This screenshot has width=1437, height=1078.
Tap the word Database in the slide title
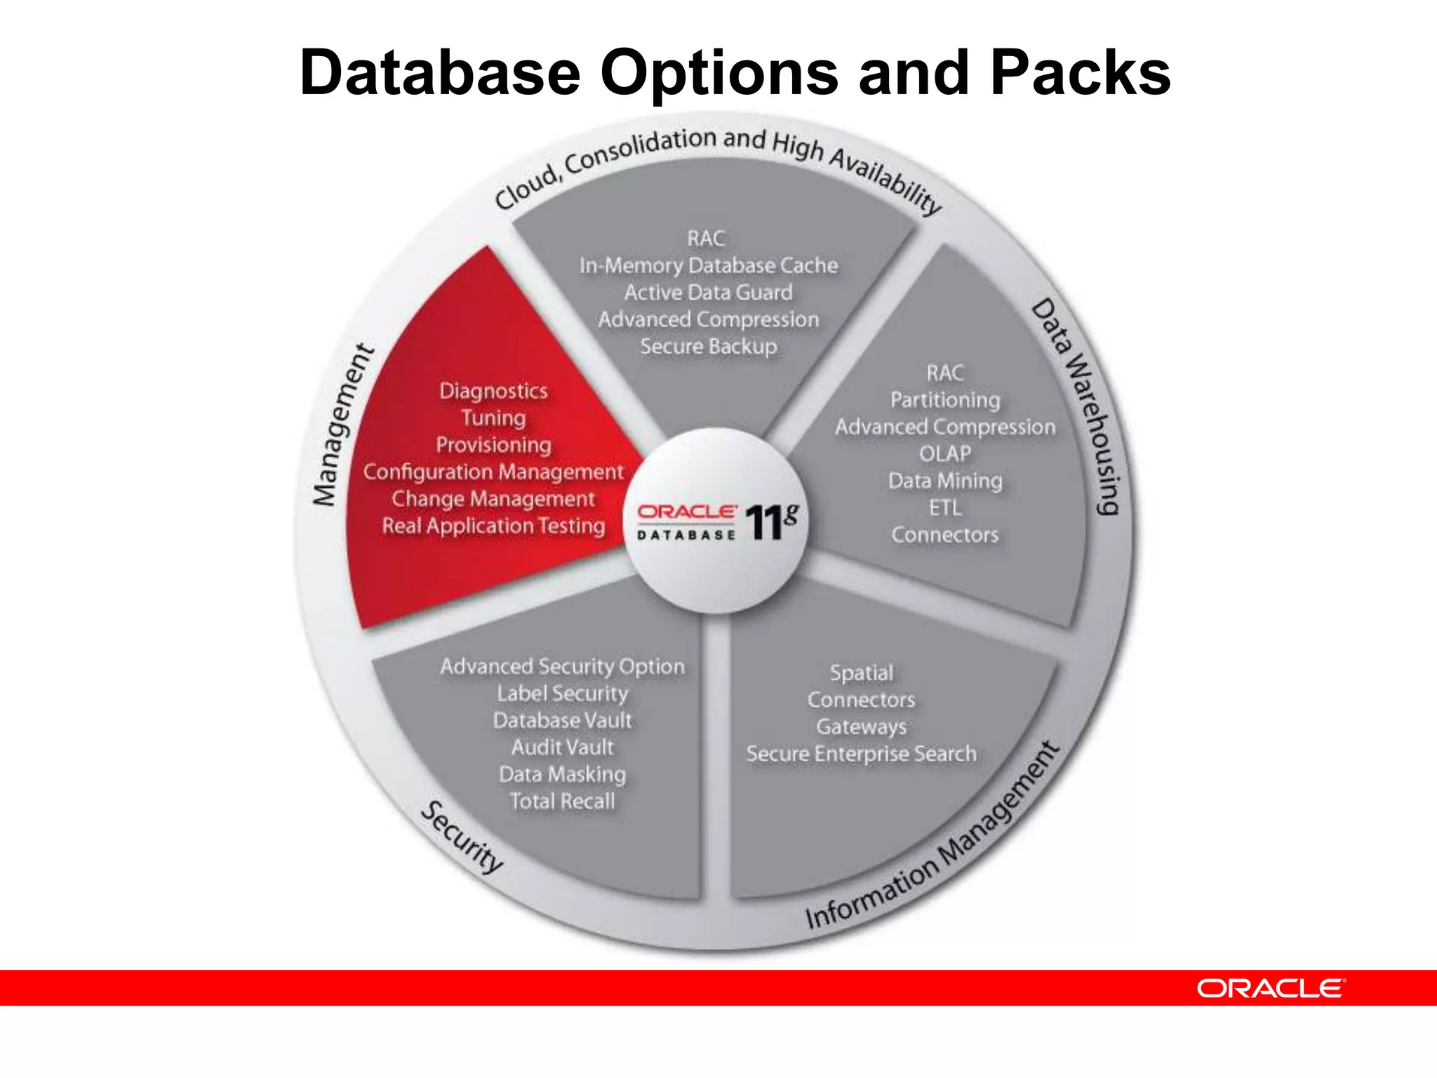(x=440, y=73)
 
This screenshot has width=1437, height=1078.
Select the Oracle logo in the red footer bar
(x=1270, y=988)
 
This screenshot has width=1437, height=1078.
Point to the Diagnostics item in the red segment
(x=493, y=391)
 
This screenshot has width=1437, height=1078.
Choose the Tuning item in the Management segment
(x=493, y=418)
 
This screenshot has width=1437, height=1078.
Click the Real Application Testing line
(x=493, y=526)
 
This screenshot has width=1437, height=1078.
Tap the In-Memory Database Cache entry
(x=709, y=265)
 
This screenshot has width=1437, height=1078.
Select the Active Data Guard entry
(x=709, y=293)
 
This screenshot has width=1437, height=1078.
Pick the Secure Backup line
(x=709, y=347)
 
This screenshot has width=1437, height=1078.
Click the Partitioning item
(x=945, y=400)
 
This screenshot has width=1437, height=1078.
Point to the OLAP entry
(x=945, y=454)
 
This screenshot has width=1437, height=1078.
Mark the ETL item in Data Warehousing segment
(x=945, y=507)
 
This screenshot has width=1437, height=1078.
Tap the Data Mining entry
(x=945, y=481)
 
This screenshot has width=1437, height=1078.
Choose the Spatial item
(x=862, y=673)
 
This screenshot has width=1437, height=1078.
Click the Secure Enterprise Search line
(x=862, y=754)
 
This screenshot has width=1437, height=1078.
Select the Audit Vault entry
(x=563, y=747)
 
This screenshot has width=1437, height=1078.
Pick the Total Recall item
(x=563, y=801)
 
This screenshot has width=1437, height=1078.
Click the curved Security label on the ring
(x=462, y=837)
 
